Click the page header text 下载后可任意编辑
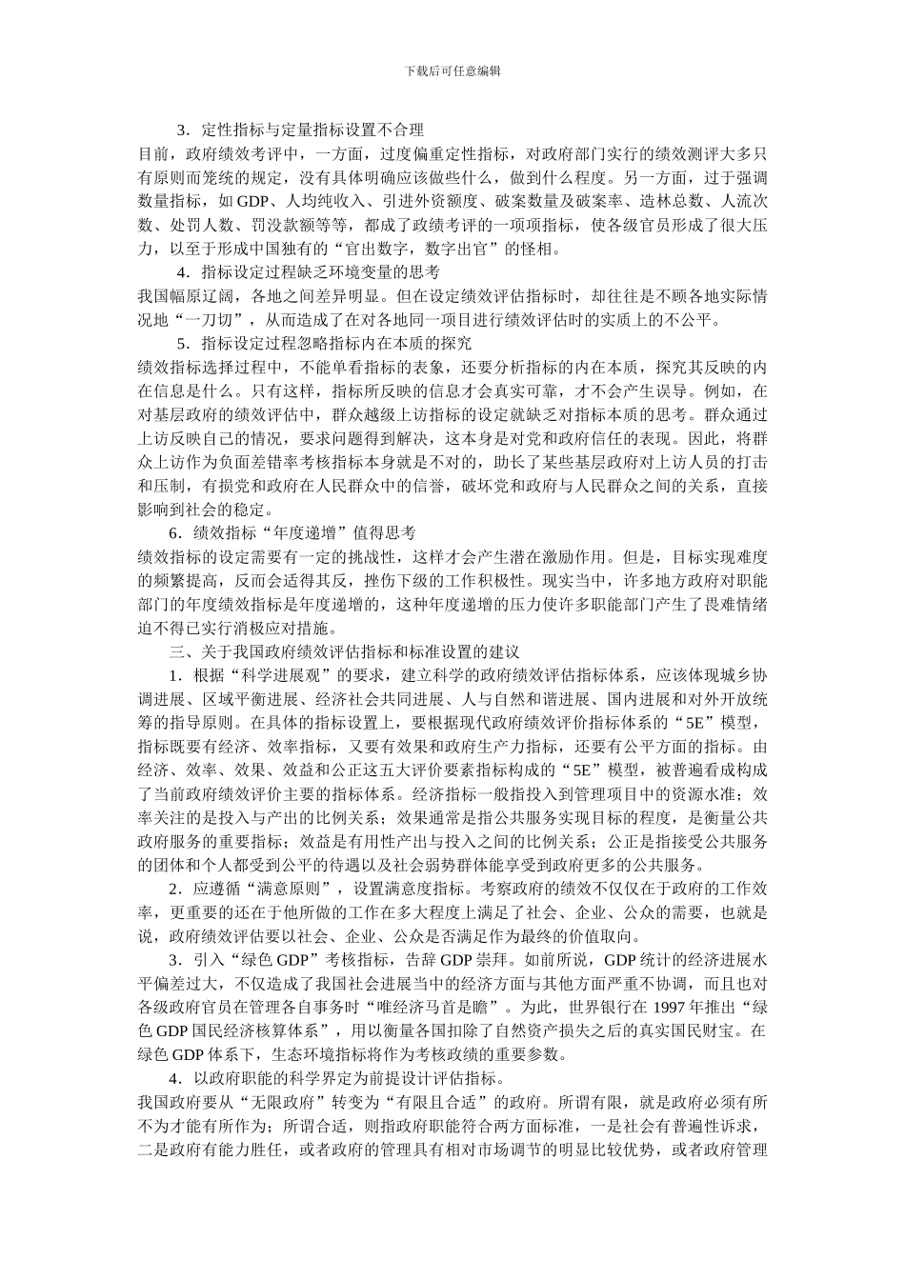[x=452, y=70]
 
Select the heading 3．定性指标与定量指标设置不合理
[x=300, y=130]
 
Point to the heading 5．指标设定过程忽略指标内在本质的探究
[x=324, y=343]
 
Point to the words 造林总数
[x=673, y=201]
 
